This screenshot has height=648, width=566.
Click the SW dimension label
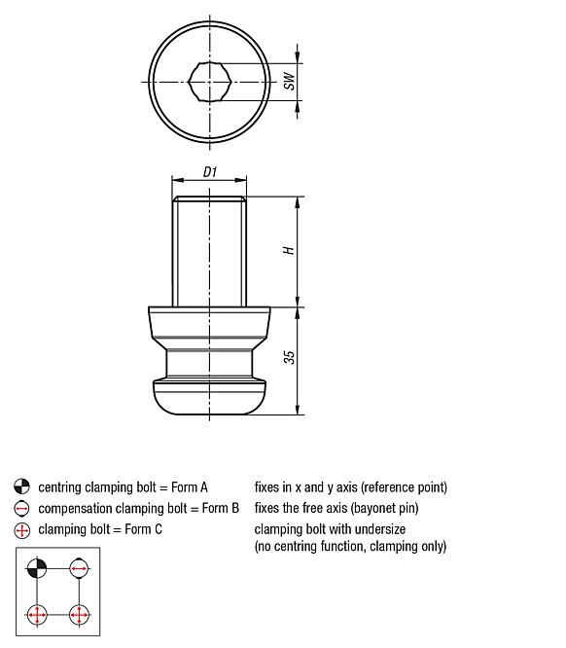click(x=288, y=82)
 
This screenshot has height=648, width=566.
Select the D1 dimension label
click(x=209, y=172)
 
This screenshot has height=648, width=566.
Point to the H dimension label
click(x=288, y=250)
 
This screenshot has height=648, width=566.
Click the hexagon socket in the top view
click(x=210, y=82)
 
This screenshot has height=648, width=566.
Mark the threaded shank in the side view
click(x=209, y=251)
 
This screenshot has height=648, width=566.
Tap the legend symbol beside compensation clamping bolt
click(x=22, y=509)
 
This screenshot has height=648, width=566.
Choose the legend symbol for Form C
click(x=22, y=530)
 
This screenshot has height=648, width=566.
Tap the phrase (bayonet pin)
click(x=378, y=509)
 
